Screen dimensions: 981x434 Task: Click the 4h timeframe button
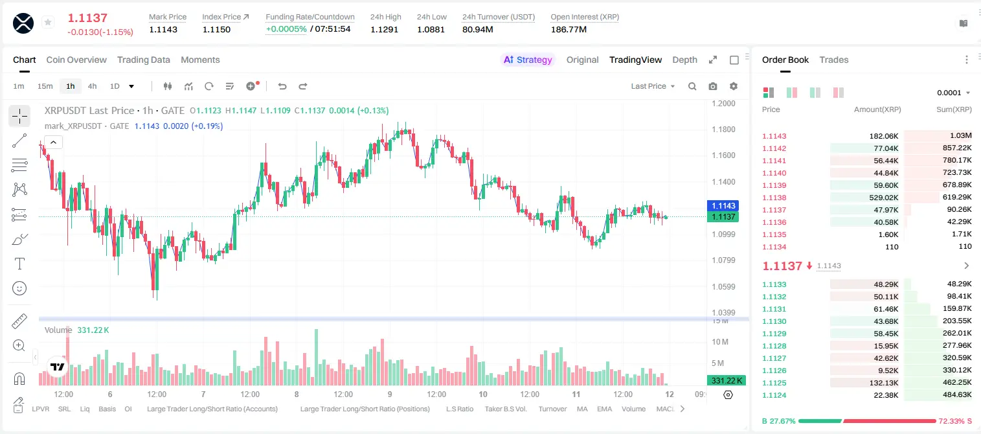click(92, 86)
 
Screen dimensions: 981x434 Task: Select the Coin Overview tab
click(76, 60)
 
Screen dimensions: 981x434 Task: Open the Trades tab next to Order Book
click(833, 60)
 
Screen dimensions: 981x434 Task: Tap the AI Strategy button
click(528, 60)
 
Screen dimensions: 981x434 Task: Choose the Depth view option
click(684, 60)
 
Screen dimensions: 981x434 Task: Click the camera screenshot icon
click(712, 86)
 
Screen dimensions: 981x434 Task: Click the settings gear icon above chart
click(734, 86)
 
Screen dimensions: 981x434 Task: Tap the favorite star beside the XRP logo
click(48, 22)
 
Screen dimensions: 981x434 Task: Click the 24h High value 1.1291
click(384, 29)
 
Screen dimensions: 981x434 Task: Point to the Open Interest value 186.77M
click(569, 29)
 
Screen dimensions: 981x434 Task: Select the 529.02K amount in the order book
click(883, 198)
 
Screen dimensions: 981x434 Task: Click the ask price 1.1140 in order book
click(774, 173)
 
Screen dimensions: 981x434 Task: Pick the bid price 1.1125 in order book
click(774, 383)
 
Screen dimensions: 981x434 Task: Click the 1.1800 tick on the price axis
click(723, 129)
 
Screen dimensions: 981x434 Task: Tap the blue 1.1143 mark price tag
click(723, 205)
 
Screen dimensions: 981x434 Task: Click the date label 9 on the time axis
click(389, 394)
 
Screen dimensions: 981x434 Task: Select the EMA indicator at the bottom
click(604, 409)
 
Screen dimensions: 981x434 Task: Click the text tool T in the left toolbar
click(19, 264)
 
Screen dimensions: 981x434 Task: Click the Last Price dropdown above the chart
click(653, 86)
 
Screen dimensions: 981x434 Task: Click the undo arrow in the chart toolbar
click(282, 86)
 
